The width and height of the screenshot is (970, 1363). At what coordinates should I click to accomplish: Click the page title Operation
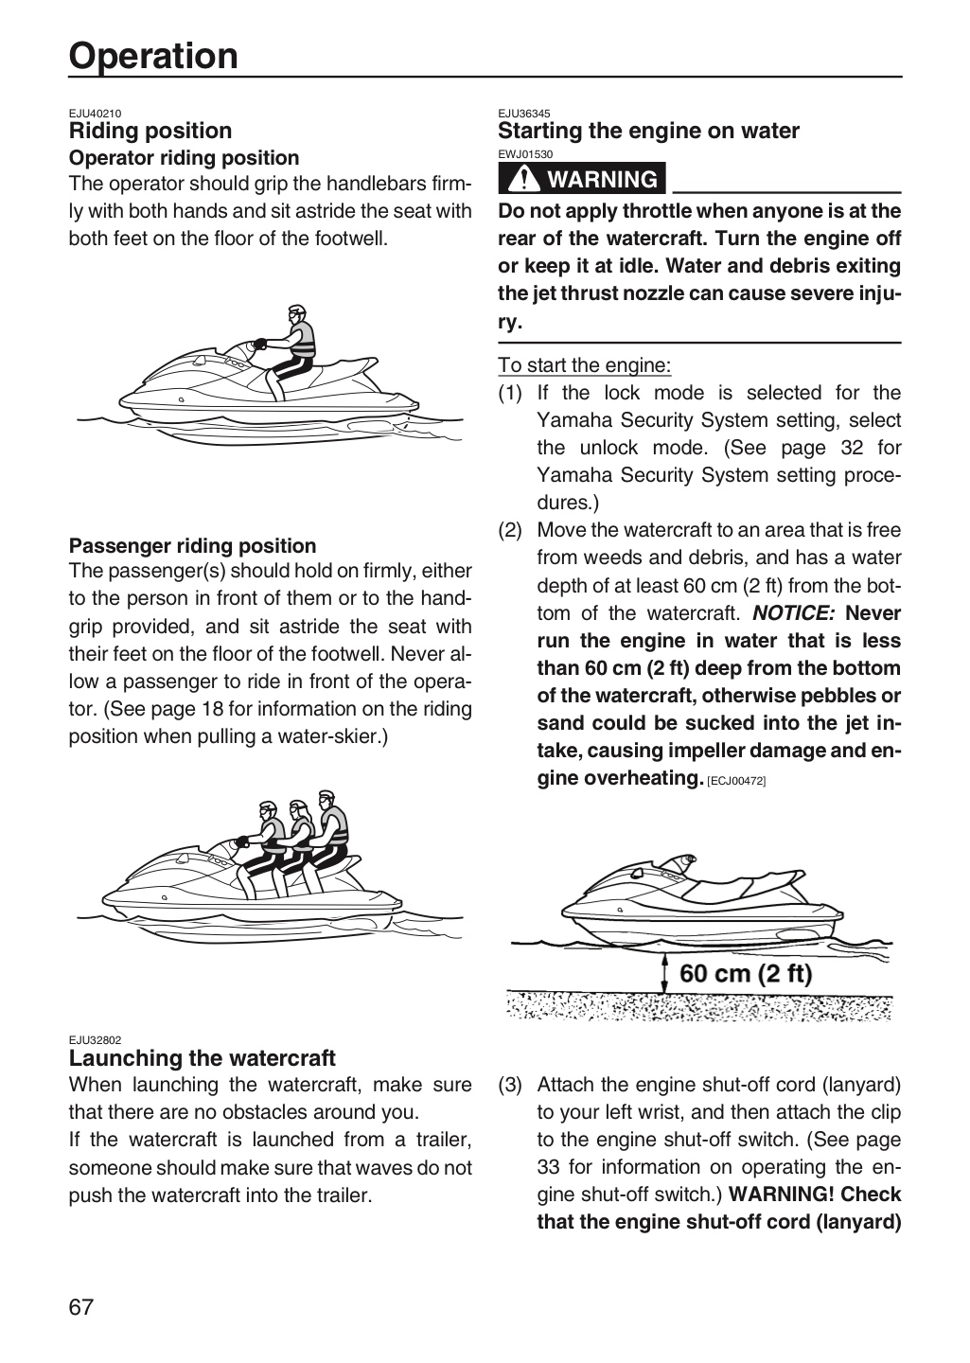pos(152,57)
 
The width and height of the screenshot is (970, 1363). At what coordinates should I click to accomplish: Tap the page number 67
pos(81,1307)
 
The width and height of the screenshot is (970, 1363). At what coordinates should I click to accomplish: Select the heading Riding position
pos(150,132)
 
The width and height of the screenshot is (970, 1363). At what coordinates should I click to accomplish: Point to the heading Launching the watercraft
pos(202,1058)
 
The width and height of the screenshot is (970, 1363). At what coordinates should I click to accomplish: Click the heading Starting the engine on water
pos(648,132)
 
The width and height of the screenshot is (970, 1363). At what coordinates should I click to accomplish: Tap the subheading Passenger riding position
pos(192,546)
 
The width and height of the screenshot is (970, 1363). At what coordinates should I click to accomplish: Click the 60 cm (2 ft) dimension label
pos(746,974)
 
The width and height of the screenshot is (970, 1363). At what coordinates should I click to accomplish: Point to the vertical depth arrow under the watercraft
pos(665,974)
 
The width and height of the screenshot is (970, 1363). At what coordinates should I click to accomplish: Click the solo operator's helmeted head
pos(296,315)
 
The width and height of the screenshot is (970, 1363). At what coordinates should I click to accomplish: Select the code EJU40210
pos(95,114)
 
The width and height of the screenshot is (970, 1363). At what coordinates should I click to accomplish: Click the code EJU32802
pos(95,1040)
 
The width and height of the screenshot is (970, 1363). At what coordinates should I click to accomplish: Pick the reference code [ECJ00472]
pos(736,781)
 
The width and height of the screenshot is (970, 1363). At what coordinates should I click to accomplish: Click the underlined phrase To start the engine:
pos(584,365)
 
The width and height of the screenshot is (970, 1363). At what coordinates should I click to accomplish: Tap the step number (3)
pos(510,1085)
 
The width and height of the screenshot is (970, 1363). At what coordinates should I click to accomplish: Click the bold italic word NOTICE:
pos(794,612)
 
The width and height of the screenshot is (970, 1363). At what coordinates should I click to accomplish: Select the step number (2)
pos(510,531)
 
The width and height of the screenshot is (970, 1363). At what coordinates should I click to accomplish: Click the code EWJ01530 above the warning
pos(525,154)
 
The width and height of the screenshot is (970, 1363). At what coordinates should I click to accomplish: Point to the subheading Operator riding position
pos(184,158)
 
